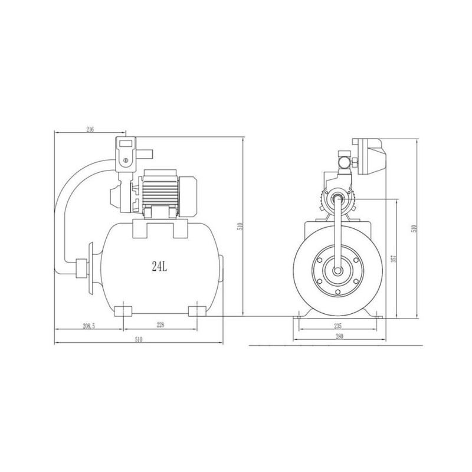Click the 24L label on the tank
coord(159,267)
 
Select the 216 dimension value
coord(90,129)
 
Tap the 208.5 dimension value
coord(89,326)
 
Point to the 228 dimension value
coord(160,325)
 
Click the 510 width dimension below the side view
coord(139,340)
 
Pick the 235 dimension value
coord(338,326)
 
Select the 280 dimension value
coord(339,336)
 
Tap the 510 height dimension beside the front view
coord(240,227)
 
